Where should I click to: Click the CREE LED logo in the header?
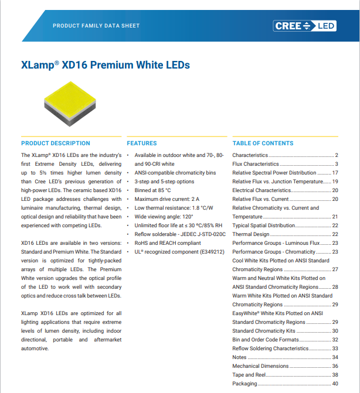pyautogui.click(x=304, y=26)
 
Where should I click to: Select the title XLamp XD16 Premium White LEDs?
pyautogui.click(x=106, y=65)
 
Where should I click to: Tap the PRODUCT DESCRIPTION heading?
pyautogui.click(x=56, y=143)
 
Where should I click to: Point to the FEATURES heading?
pyautogui.click(x=142, y=143)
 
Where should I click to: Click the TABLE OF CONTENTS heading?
pyautogui.click(x=263, y=143)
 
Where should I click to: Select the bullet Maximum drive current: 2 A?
pyautogui.click(x=167, y=199)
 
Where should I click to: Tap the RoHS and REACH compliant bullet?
pyautogui.click(x=167, y=243)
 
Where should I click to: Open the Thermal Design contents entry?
pyautogui.click(x=251, y=234)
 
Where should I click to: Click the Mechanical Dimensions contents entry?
pyautogui.click(x=260, y=366)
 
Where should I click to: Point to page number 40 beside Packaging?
pyautogui.click(x=335, y=384)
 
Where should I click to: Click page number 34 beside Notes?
pyautogui.click(x=335, y=357)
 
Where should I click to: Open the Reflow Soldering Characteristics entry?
pyautogui.click(x=270, y=348)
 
